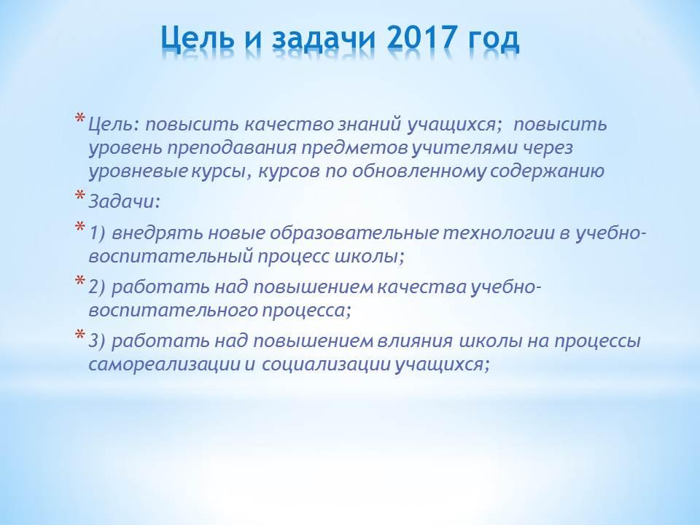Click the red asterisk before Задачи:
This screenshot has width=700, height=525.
point(80,196)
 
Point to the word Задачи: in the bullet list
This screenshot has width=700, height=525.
point(124,202)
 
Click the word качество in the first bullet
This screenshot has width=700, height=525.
point(289,125)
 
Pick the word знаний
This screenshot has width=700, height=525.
point(370,125)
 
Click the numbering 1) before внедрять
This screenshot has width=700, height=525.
point(97,233)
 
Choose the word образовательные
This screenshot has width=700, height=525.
point(354,233)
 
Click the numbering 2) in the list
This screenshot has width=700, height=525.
point(97,287)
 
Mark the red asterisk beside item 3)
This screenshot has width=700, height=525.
point(80,335)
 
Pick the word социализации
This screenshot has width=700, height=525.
point(326,365)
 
